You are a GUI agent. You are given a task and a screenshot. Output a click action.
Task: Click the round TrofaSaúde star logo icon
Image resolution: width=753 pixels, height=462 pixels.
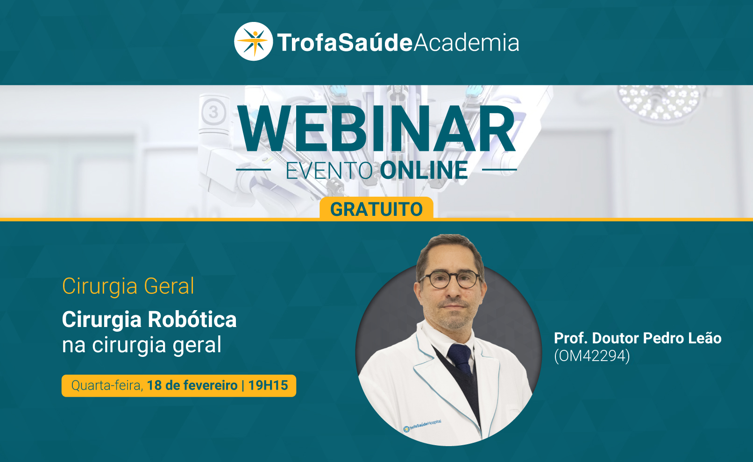click(x=253, y=42)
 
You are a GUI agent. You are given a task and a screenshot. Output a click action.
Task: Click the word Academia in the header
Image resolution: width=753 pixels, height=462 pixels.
click(x=466, y=43)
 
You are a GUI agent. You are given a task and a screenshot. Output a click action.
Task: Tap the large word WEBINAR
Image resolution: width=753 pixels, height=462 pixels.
click(x=376, y=129)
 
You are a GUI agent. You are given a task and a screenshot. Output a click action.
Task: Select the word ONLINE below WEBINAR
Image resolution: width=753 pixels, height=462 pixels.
click(x=424, y=170)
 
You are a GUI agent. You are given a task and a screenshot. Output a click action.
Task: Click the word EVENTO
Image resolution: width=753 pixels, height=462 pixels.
click(x=329, y=171)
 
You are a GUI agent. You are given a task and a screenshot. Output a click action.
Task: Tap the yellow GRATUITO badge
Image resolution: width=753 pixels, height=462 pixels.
click(x=376, y=209)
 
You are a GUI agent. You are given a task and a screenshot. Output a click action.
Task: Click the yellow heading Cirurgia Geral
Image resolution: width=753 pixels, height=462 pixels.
click(x=128, y=286)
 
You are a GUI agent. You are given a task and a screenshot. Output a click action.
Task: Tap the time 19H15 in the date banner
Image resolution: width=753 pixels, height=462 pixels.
click(x=268, y=385)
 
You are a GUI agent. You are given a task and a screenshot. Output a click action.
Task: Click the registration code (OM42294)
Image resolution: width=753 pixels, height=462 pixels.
click(x=592, y=356)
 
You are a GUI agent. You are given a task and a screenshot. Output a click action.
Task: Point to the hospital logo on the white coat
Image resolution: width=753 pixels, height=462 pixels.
click(x=422, y=426)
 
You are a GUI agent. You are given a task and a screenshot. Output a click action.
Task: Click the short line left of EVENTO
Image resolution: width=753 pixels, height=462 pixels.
click(x=254, y=170)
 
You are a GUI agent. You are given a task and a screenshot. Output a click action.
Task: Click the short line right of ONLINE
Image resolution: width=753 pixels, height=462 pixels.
click(x=499, y=170)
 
